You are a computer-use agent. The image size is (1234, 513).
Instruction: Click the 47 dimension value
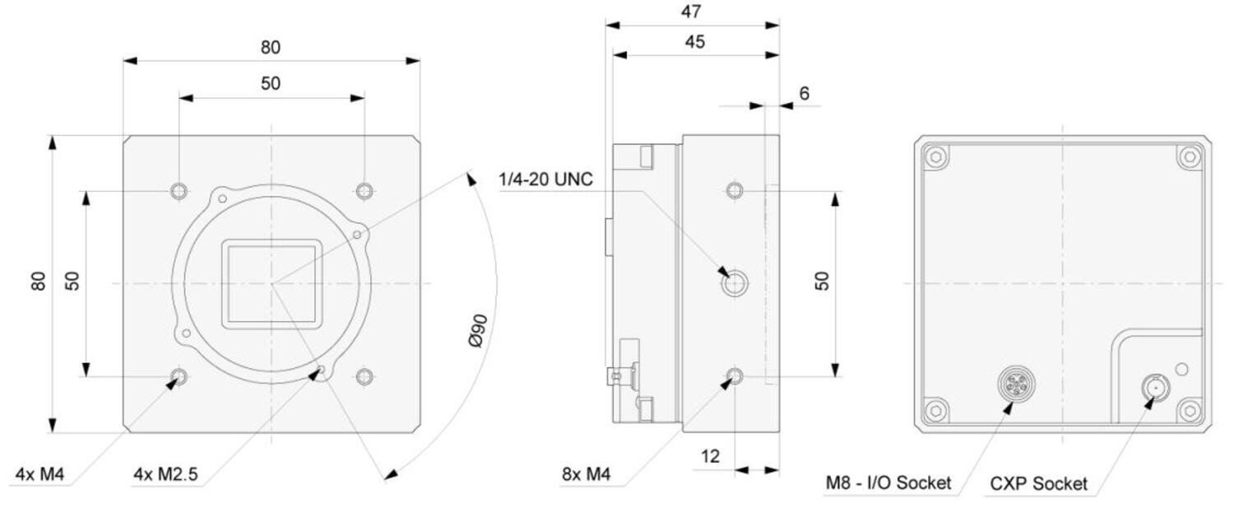(691, 12)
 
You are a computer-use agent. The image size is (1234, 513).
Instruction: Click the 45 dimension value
(694, 42)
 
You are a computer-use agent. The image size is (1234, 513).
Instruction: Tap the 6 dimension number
(805, 93)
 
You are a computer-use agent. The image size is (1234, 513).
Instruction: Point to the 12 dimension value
(710, 456)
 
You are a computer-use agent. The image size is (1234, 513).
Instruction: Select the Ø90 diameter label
(478, 331)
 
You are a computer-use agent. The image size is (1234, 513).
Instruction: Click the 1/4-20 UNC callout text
(545, 180)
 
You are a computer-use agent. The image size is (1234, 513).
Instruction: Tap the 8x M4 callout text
(586, 473)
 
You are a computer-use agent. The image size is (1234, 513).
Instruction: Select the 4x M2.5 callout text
(165, 473)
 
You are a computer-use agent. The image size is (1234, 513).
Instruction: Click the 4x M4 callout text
(39, 473)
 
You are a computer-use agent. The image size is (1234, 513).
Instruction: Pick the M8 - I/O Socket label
(888, 483)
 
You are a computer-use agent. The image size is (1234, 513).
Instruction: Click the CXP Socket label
(1038, 483)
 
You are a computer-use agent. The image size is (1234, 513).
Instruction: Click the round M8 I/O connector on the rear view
(1016, 384)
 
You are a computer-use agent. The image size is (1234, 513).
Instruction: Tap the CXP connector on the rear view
(1156, 388)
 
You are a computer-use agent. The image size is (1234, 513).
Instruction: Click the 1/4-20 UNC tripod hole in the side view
(735, 283)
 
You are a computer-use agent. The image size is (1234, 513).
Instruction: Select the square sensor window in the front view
(271, 283)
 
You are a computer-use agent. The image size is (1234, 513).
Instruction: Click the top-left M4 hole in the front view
(179, 191)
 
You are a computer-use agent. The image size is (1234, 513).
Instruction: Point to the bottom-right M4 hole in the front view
(364, 377)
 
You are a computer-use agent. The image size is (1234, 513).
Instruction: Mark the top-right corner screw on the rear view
(1190, 156)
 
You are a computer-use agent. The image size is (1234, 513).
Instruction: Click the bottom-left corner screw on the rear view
(935, 410)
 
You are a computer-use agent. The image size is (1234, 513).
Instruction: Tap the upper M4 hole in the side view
(735, 191)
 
